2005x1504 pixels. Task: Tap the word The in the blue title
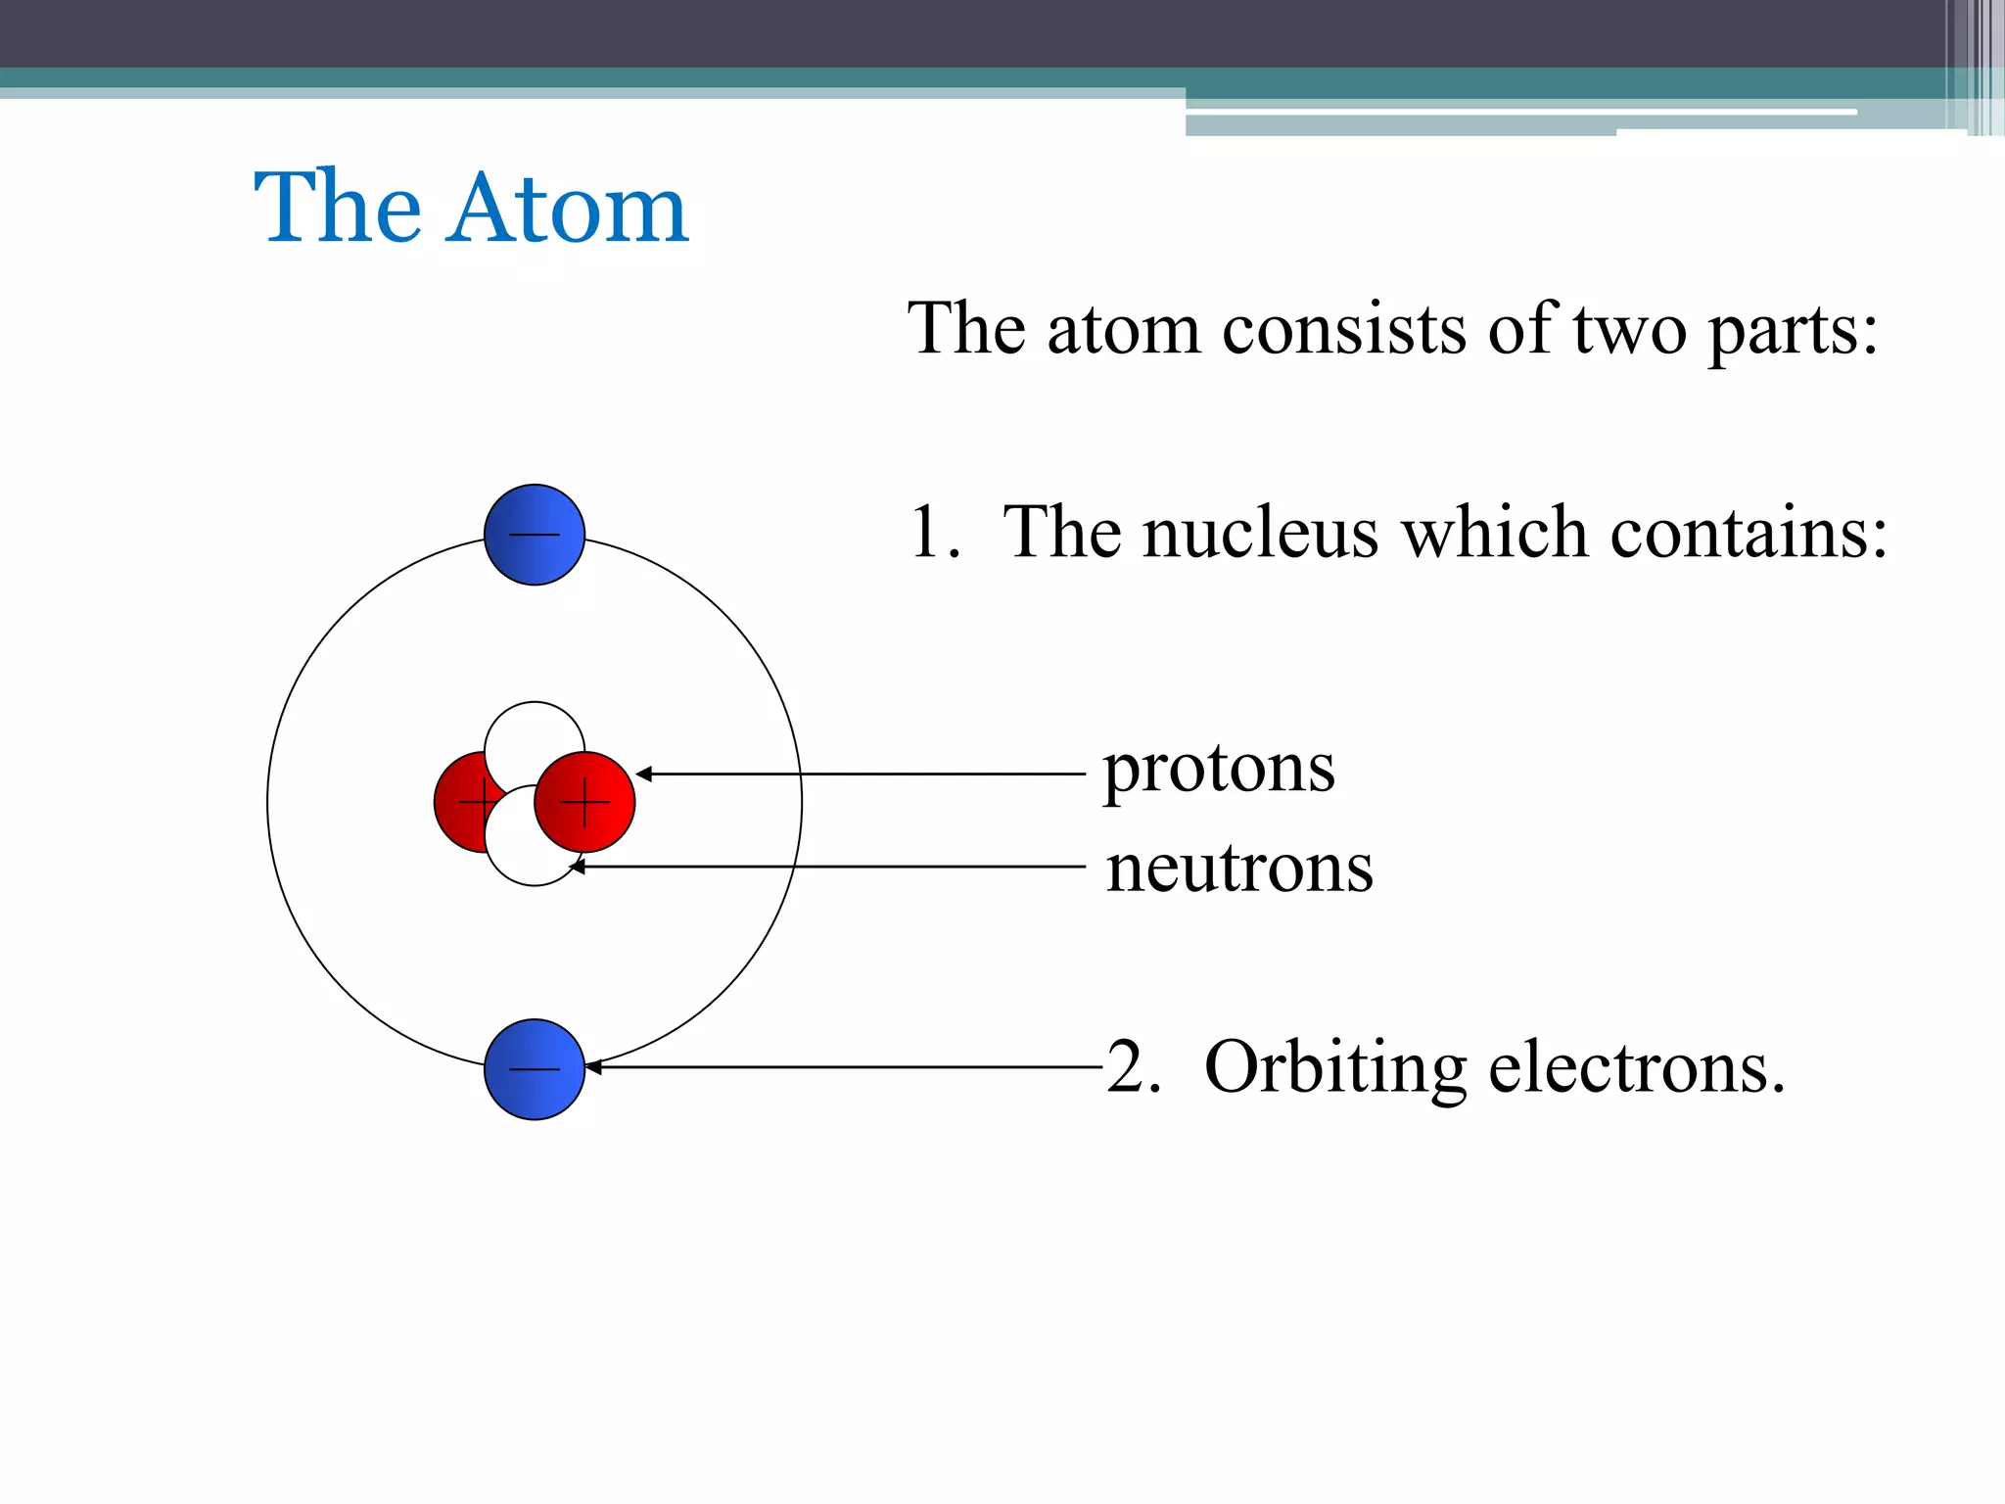pyautogui.click(x=338, y=208)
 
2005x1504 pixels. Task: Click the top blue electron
pyautogui.click(x=535, y=535)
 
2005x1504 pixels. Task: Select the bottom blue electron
pyautogui.click(x=535, y=1069)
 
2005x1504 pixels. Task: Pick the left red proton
pyautogui.click(x=460, y=802)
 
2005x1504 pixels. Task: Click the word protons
pyautogui.click(x=1219, y=771)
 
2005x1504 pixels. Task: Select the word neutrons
pyautogui.click(x=1239, y=869)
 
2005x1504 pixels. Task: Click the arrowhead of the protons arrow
pyautogui.click(x=643, y=774)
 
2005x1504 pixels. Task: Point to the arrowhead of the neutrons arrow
pyautogui.click(x=577, y=867)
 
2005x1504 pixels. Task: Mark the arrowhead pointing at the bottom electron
pyautogui.click(x=592, y=1067)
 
